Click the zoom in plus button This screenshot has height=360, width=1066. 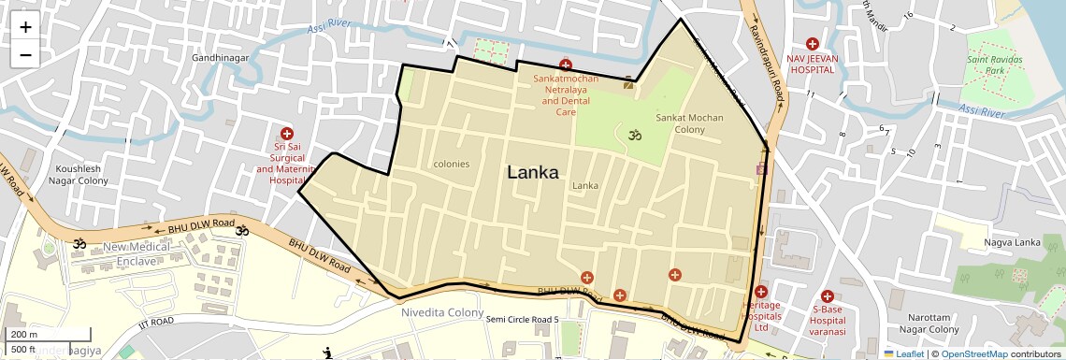point(25,27)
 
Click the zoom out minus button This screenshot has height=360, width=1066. point(25,55)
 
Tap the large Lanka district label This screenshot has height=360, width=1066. point(533,173)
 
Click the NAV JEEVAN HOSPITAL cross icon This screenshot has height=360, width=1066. point(813,44)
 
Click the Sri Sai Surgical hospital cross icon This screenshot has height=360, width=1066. point(287,134)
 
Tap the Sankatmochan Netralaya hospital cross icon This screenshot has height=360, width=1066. point(565,65)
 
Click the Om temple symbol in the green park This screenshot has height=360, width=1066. point(635,135)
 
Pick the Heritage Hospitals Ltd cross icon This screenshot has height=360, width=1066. point(761,292)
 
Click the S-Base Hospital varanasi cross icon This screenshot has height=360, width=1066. point(828,295)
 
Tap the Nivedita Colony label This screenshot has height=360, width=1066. point(442,312)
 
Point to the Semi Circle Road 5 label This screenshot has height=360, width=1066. point(522,321)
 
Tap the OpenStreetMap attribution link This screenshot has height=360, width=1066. point(973,353)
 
